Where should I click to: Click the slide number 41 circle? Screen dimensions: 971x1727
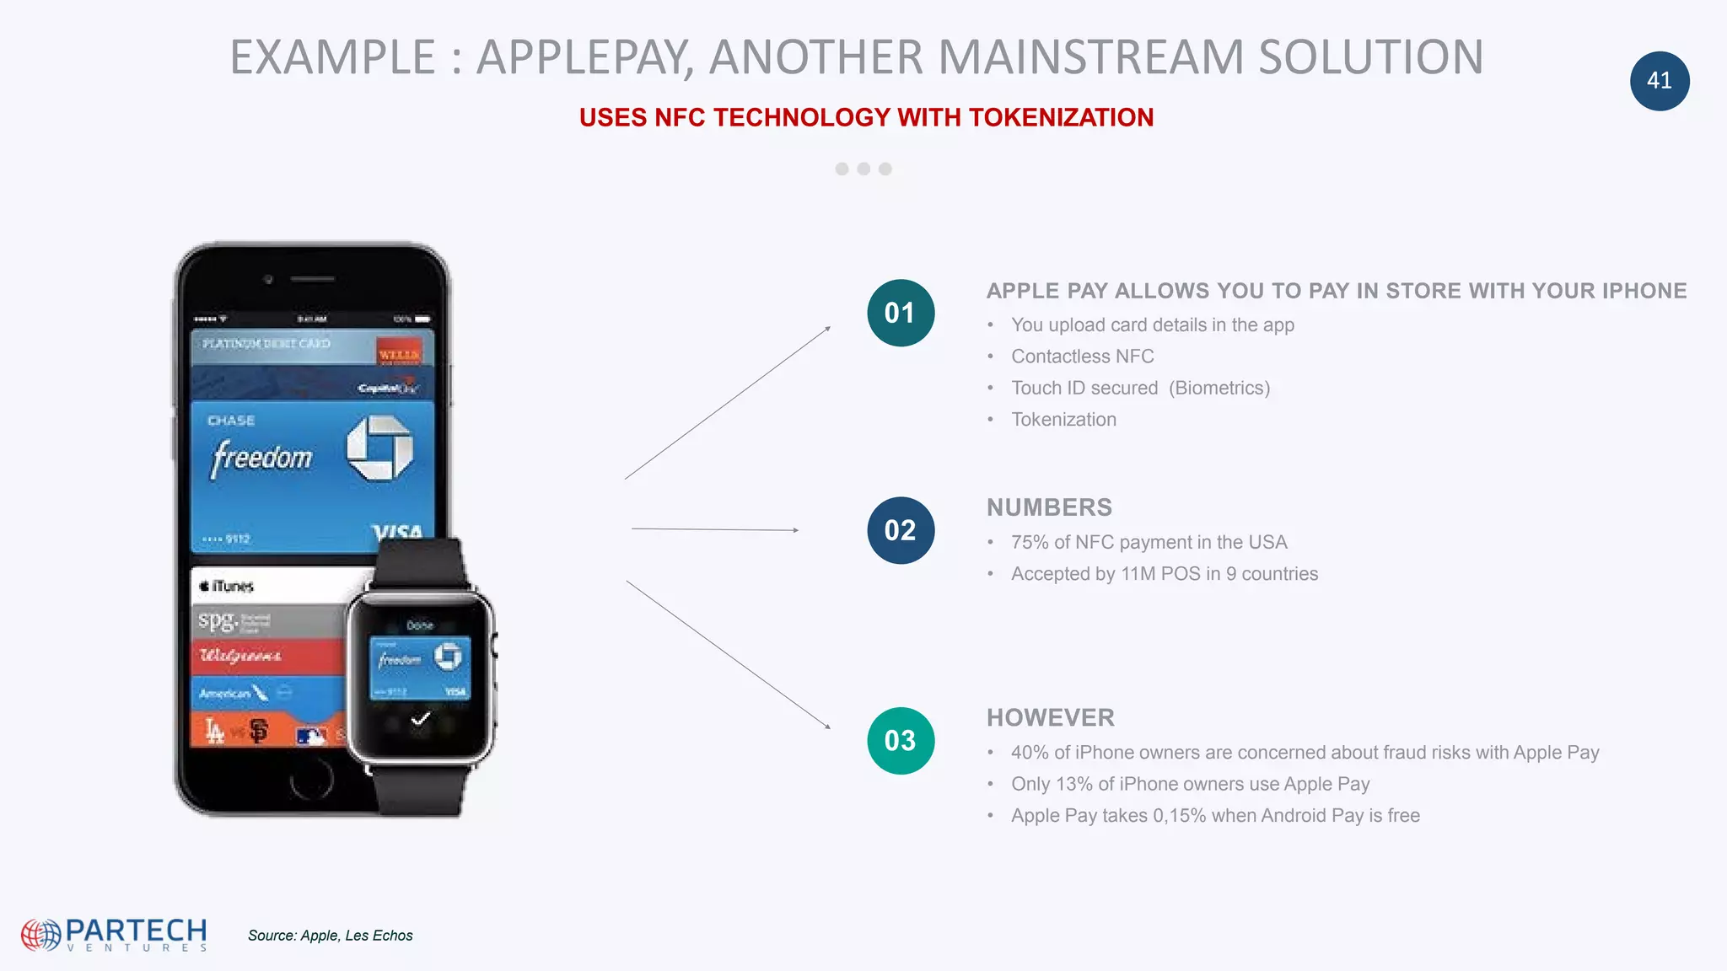click(1659, 81)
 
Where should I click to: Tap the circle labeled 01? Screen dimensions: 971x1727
click(900, 313)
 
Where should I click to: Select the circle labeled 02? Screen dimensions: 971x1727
click(900, 530)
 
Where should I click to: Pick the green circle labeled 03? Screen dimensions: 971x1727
click(900, 741)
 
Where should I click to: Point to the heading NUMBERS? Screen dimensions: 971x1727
click(1049, 507)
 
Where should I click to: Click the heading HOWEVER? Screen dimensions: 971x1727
click(1050, 717)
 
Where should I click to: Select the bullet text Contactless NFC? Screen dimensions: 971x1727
click(1082, 357)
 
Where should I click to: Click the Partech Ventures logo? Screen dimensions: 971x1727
click(115, 934)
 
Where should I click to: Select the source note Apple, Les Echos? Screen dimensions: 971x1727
click(330, 936)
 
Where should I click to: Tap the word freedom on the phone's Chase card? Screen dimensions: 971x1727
click(261, 458)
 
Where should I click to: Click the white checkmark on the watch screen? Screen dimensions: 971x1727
click(420, 719)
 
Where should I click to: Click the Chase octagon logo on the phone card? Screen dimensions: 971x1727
click(379, 448)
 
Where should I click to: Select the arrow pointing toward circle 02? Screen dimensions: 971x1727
click(715, 529)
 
